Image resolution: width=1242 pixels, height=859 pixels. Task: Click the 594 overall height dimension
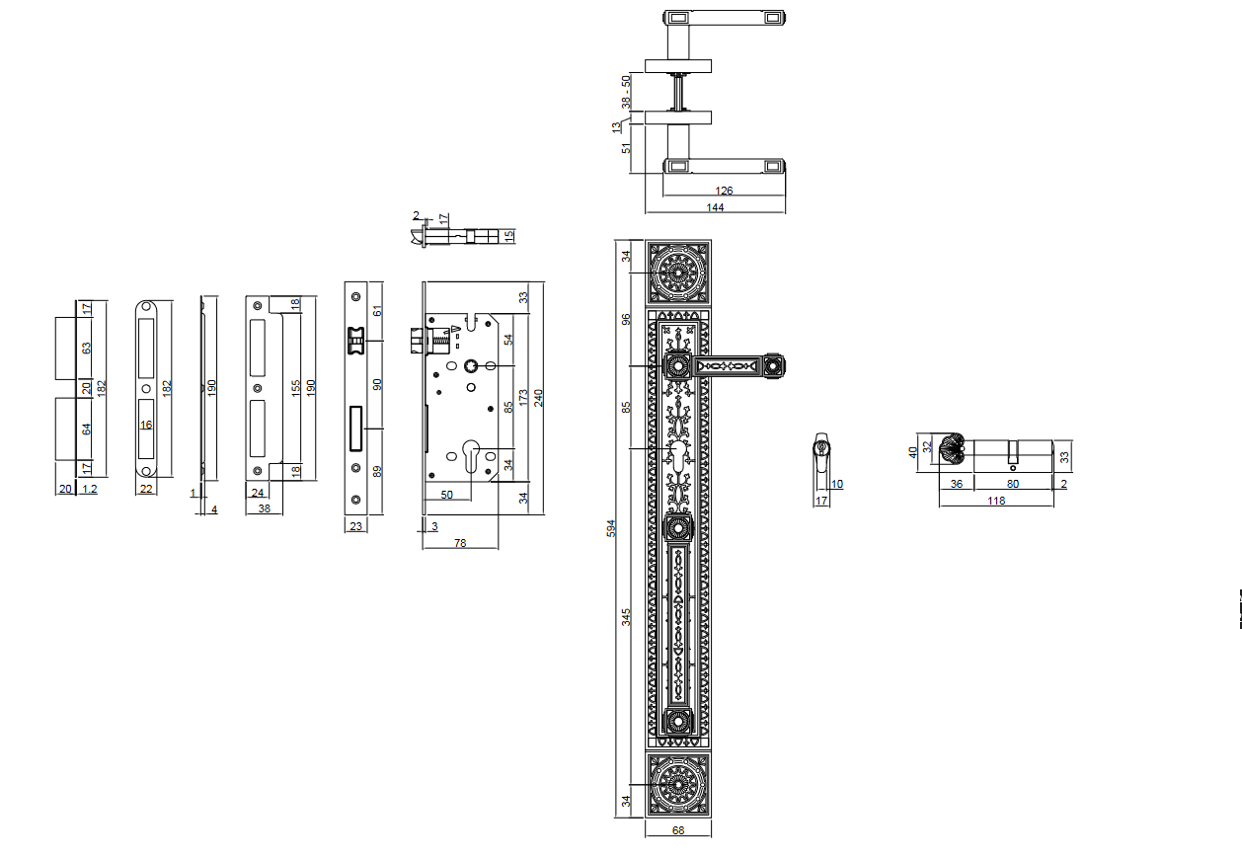click(610, 528)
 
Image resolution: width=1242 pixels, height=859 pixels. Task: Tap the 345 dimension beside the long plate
click(626, 617)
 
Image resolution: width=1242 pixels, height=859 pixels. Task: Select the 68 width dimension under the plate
click(678, 830)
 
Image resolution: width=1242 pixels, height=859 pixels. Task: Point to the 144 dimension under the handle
click(715, 207)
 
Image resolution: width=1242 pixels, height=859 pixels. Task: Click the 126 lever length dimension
click(724, 191)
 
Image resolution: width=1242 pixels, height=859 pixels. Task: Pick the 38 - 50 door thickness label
click(626, 92)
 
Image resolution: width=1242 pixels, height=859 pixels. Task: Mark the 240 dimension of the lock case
click(538, 398)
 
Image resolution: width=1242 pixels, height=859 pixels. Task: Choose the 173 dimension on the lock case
click(523, 398)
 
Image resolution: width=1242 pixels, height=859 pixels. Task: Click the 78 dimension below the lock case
click(460, 543)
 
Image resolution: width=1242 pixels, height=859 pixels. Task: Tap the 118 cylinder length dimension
click(996, 501)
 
